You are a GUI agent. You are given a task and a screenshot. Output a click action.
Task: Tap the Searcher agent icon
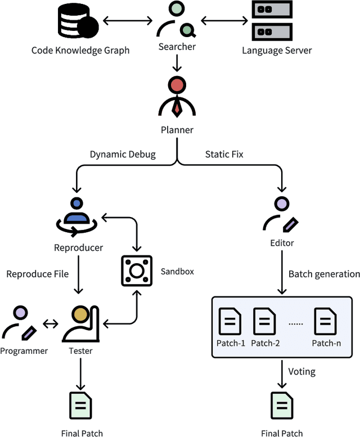coord(177,20)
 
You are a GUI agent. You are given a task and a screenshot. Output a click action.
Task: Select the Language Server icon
coord(272,20)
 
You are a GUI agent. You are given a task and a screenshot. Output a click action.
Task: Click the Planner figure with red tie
coord(177,97)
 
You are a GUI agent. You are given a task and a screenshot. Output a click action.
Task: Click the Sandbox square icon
coord(137,271)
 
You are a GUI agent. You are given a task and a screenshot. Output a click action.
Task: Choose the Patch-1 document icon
coord(230,321)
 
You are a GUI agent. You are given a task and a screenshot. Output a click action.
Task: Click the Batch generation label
coord(324,274)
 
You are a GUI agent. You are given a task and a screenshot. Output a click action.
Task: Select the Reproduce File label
coord(37,274)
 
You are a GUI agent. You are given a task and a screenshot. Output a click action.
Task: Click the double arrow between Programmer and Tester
coord(51,324)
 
